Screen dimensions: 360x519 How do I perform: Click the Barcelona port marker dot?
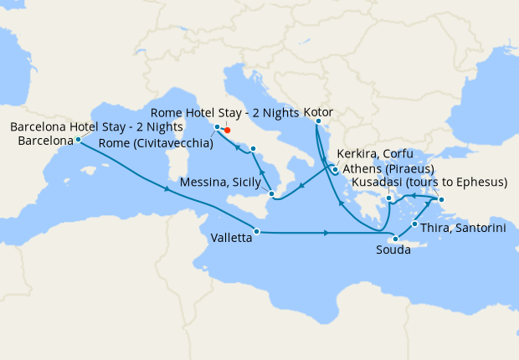click(x=78, y=140)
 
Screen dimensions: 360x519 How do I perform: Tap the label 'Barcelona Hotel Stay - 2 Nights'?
click(x=97, y=127)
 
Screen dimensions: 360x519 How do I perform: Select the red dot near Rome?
click(x=227, y=130)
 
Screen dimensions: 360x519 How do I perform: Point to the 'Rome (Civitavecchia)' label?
click(x=156, y=143)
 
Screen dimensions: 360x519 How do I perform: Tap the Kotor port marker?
click(x=317, y=121)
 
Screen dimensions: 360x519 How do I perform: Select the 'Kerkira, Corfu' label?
click(x=374, y=154)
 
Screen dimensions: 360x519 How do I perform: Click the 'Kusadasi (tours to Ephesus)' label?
click(x=429, y=183)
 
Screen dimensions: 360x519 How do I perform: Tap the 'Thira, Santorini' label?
click(x=463, y=228)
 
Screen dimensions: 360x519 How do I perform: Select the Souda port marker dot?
click(x=395, y=239)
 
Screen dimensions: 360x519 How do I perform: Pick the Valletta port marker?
click(x=257, y=231)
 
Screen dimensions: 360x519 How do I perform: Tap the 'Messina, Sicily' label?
click(x=219, y=183)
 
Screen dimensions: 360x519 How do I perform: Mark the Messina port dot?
click(x=271, y=194)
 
